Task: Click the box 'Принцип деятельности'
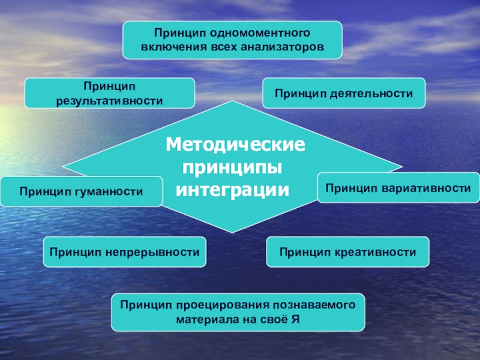pos(344,94)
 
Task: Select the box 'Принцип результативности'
pos(109,93)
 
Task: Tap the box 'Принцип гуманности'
pos(81,191)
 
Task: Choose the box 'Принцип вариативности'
pos(398,188)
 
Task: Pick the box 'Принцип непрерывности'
pos(125,252)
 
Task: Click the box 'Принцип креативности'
pos(348,252)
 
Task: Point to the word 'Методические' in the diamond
pos(236,145)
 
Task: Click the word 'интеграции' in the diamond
pos(233,190)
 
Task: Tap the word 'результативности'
pos(109,100)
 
